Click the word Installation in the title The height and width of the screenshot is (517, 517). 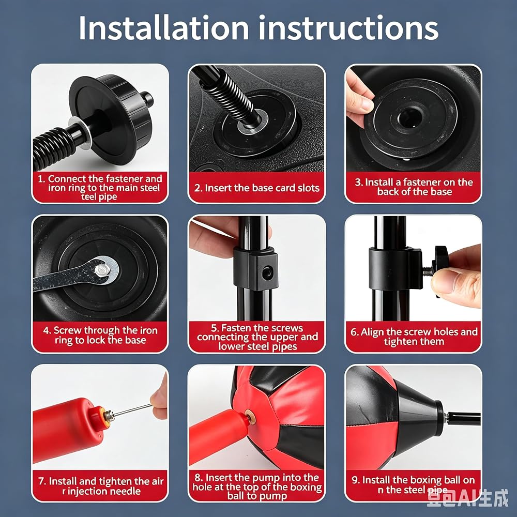point(163,28)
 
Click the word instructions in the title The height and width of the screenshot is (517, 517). point(348,28)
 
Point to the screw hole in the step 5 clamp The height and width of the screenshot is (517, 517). point(266,273)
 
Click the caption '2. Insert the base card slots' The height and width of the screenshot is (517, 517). point(257,188)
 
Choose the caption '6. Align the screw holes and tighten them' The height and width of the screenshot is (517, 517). point(414,337)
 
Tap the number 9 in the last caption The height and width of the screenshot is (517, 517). point(355,480)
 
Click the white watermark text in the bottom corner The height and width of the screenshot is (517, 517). point(467,498)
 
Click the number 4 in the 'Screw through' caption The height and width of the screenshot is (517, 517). point(46,330)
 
